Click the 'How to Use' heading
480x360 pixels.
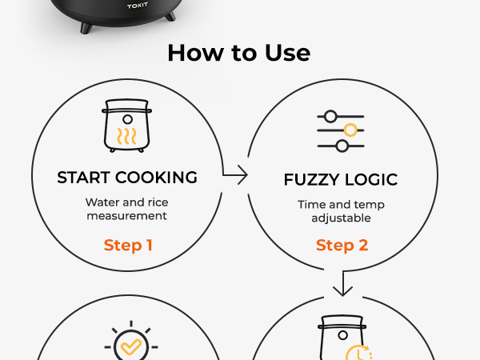tap(238, 54)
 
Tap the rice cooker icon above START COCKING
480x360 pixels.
tap(127, 126)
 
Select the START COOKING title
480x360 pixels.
tap(127, 178)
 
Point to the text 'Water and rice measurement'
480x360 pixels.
tap(127, 209)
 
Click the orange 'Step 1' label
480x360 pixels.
tap(128, 245)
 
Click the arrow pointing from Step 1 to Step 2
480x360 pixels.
tap(235, 174)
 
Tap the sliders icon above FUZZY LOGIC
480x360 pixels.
tap(341, 130)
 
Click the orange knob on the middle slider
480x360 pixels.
tap(350, 130)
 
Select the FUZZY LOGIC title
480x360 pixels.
tap(341, 179)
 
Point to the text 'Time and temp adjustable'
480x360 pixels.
tap(341, 210)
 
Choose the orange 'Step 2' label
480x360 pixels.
tap(342, 246)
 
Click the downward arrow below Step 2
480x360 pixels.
tap(342, 283)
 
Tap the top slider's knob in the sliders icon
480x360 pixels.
tap(331, 115)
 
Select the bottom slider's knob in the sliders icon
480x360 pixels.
tap(342, 145)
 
